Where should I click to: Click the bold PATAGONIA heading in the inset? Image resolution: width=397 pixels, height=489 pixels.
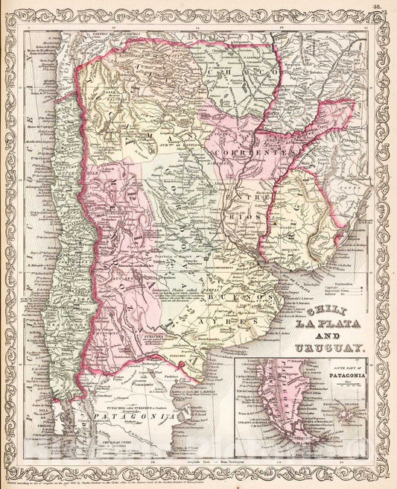[x=343, y=375]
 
